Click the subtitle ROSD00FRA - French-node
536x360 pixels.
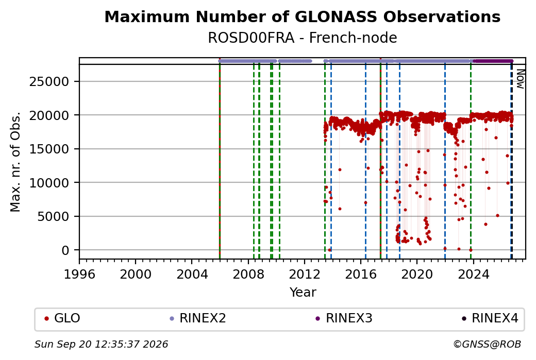click(303, 38)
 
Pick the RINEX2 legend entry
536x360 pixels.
click(198, 318)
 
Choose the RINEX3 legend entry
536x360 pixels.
click(344, 318)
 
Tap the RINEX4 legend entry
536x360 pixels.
click(490, 318)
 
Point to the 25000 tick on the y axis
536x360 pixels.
click(49, 82)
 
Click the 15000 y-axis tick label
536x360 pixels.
click(49, 149)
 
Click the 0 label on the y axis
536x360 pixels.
click(65, 250)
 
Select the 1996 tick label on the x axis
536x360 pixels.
click(79, 274)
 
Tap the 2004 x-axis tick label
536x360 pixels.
click(192, 274)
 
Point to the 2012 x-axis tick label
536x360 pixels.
click(304, 274)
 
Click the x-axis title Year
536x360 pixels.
click(303, 293)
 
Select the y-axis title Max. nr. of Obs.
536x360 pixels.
click(15, 162)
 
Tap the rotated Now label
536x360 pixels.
click(520, 79)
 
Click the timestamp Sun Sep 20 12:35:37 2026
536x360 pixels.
click(101, 344)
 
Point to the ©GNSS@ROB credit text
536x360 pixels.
click(487, 344)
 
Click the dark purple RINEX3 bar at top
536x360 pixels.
click(493, 61)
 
